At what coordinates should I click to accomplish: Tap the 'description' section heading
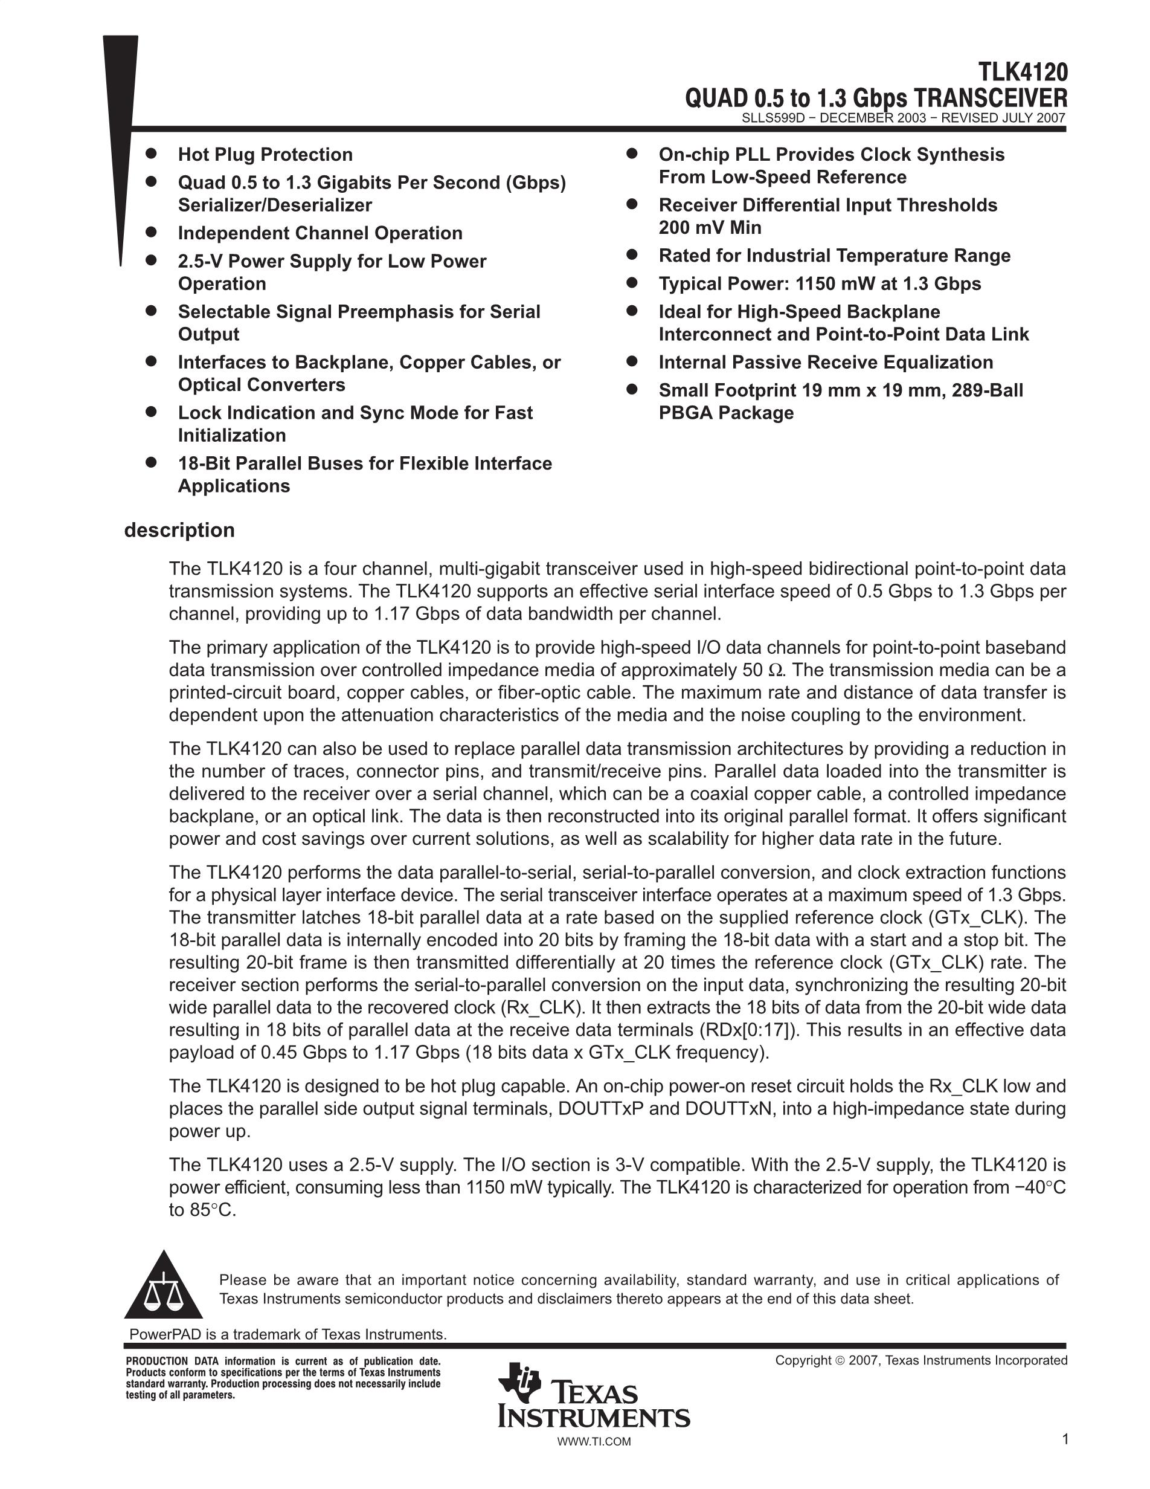[x=179, y=530]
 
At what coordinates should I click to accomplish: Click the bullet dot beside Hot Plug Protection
[x=151, y=153]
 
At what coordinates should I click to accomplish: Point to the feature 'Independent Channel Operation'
[x=320, y=233]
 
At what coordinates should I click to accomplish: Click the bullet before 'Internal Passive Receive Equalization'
[x=632, y=361]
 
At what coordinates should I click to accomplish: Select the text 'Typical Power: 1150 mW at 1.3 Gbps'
[x=820, y=283]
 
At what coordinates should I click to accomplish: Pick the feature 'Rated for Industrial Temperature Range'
[x=834, y=256]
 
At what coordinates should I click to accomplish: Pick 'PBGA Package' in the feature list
[x=725, y=413]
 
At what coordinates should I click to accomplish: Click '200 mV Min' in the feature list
[x=709, y=228]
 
